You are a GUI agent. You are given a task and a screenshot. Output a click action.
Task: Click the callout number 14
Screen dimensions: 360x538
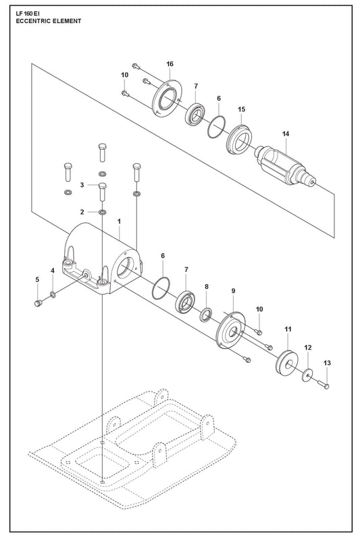click(x=286, y=134)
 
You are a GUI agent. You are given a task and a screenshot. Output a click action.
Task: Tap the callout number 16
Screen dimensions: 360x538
click(x=170, y=64)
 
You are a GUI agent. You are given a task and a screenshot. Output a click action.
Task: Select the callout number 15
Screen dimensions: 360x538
click(x=242, y=109)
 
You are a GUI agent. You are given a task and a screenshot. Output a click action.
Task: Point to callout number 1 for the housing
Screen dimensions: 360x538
click(x=119, y=221)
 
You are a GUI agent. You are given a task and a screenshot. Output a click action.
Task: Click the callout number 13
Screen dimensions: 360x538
click(x=327, y=362)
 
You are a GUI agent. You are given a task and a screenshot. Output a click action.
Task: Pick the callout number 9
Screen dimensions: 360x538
click(x=234, y=291)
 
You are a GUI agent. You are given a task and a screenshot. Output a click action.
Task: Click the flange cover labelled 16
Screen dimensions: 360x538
click(x=167, y=98)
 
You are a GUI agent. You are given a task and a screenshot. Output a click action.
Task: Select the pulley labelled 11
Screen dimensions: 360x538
click(x=286, y=363)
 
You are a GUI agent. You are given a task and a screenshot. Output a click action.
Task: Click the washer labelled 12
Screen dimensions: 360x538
click(x=307, y=375)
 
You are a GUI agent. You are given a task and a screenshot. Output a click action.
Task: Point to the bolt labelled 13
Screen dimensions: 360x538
click(x=324, y=385)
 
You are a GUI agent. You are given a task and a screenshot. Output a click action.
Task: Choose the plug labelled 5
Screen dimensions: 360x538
click(x=38, y=303)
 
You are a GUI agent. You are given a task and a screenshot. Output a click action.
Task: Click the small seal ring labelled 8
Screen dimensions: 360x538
click(x=205, y=315)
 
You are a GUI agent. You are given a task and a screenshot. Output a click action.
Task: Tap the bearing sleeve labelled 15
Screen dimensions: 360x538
click(x=239, y=140)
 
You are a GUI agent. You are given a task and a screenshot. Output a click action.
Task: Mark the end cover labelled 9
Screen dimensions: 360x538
click(x=230, y=330)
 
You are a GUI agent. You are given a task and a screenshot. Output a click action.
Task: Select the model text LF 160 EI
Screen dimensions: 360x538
click(x=28, y=14)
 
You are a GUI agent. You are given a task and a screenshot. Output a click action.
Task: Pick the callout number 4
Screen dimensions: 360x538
click(x=53, y=271)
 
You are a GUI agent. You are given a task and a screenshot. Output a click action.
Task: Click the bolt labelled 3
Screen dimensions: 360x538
click(x=102, y=192)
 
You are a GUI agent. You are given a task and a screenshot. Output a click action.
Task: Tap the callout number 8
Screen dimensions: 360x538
click(x=206, y=286)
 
